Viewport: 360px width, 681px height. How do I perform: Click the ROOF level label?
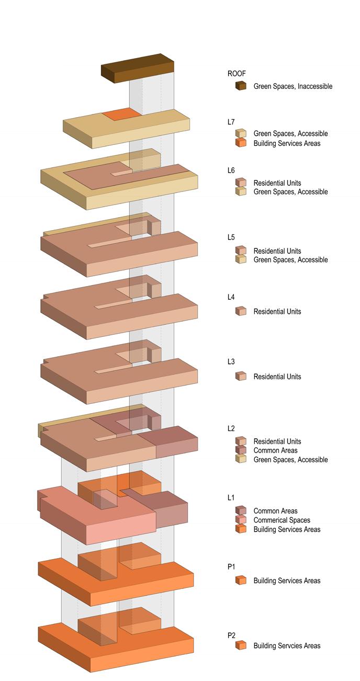pyautogui.click(x=237, y=74)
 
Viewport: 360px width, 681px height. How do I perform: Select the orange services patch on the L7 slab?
pyautogui.click(x=121, y=115)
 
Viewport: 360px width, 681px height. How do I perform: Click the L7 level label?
pyautogui.click(x=231, y=122)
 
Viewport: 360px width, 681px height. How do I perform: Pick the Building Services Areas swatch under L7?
pyautogui.click(x=241, y=143)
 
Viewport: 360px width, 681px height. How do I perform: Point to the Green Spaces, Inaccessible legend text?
pyautogui.click(x=292, y=86)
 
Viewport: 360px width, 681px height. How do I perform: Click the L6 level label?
pyautogui.click(x=231, y=171)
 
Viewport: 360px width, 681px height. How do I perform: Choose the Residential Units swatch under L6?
pyautogui.click(x=241, y=183)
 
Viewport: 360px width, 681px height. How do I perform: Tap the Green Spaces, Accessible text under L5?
pyautogui.click(x=290, y=260)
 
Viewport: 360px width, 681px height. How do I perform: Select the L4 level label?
pyautogui.click(x=231, y=297)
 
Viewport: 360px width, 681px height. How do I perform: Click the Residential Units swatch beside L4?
pyautogui.click(x=241, y=311)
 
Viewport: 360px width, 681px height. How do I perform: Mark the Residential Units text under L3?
pyautogui.click(x=277, y=377)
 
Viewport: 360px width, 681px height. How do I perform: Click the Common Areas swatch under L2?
pyautogui.click(x=241, y=450)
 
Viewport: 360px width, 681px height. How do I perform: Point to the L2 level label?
pyautogui.click(x=231, y=428)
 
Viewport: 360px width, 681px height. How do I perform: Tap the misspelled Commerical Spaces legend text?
pyautogui.click(x=282, y=520)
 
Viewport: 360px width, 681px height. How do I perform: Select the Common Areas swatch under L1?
pyautogui.click(x=241, y=510)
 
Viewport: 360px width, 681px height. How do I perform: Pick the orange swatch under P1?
pyautogui.click(x=241, y=580)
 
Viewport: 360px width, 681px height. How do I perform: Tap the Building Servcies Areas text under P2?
pyautogui.click(x=287, y=646)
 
